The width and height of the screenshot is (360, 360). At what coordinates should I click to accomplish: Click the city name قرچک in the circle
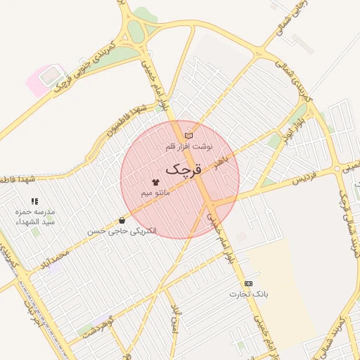pyautogui.click(x=184, y=169)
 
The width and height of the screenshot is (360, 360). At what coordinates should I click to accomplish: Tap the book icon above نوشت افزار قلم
pyautogui.click(x=188, y=136)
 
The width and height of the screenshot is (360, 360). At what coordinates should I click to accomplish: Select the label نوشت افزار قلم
pyautogui.click(x=188, y=147)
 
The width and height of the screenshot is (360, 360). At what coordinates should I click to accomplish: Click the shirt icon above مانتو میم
pyautogui.click(x=155, y=181)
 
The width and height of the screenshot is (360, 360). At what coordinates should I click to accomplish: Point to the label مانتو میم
pyautogui.click(x=155, y=193)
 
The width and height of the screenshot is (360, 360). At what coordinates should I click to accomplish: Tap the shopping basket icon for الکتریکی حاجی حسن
pyautogui.click(x=122, y=220)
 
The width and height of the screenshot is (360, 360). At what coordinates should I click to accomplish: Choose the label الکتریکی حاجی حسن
pyautogui.click(x=122, y=231)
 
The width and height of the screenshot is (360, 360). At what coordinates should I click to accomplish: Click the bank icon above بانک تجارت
pyautogui.click(x=248, y=283)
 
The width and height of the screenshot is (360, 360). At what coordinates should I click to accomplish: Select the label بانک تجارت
pyautogui.click(x=249, y=294)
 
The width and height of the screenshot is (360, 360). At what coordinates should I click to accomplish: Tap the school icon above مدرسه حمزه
pyautogui.click(x=34, y=201)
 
